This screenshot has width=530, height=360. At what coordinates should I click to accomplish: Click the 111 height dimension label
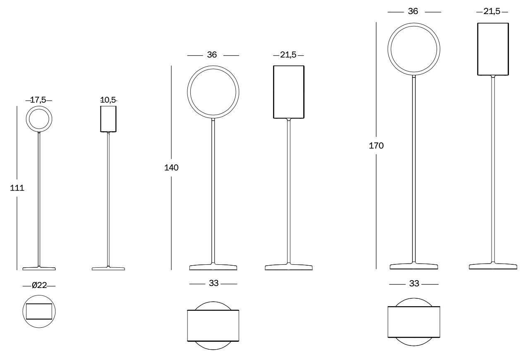[x=17, y=188]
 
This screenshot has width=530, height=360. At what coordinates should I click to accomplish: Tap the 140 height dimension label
[x=171, y=168]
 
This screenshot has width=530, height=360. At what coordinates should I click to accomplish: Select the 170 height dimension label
[x=376, y=146]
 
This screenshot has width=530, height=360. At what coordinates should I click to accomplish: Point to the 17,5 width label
[x=38, y=100]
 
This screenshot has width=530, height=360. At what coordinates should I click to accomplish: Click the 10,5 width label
[x=108, y=100]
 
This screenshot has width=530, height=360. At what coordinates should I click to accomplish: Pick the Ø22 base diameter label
[x=39, y=285]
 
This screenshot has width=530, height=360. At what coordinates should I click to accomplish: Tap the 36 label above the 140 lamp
[x=212, y=55]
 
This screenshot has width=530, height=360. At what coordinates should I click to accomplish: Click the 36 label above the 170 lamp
[x=413, y=11]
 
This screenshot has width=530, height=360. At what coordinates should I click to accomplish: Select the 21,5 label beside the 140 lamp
[x=288, y=55]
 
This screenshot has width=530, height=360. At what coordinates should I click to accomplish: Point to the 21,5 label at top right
[x=492, y=12]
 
